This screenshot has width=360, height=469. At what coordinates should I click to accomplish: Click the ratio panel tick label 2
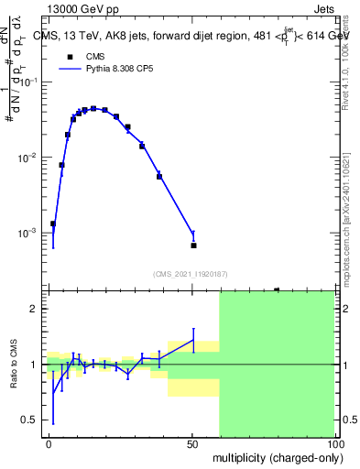point(34,309)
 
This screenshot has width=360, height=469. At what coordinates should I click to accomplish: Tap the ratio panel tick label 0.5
point(29,420)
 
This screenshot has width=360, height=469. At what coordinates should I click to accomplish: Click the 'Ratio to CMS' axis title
point(14,364)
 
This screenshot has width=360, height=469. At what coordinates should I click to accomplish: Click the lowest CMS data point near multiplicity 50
point(193,245)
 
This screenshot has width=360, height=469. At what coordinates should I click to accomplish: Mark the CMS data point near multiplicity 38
point(159,176)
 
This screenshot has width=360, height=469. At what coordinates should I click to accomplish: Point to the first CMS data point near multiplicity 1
point(53,224)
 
